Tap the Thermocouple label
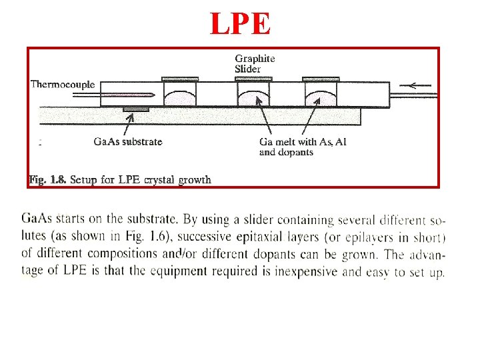click(x=63, y=85)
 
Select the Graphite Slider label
click(x=254, y=63)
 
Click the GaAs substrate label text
click(x=128, y=141)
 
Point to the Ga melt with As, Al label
click(x=303, y=141)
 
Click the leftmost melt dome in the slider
click(x=180, y=97)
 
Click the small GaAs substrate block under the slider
click(x=136, y=108)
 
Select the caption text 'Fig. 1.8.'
click(x=47, y=179)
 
